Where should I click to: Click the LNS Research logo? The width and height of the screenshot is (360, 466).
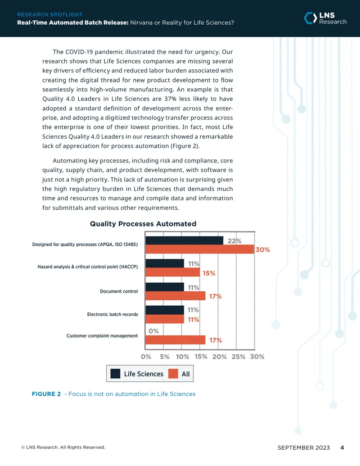point(325,18)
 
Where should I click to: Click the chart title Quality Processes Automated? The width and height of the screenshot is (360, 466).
point(143,224)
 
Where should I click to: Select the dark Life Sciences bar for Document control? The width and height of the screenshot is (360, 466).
point(165,287)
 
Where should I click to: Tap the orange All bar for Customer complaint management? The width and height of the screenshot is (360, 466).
point(175,339)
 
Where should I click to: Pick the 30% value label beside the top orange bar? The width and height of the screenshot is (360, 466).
point(262,249)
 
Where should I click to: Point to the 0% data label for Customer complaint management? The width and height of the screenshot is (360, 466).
point(153,331)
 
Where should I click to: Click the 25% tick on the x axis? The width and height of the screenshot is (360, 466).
point(238,357)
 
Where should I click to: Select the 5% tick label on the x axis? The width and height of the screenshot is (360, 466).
point(165,357)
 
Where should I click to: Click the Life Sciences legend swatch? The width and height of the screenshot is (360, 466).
point(115,374)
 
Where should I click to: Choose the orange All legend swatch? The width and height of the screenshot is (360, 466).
point(173,374)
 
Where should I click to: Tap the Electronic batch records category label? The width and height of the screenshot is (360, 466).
point(112,314)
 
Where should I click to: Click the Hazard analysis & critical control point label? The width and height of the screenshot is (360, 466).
point(88,267)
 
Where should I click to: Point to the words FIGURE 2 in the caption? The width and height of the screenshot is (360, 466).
point(46,394)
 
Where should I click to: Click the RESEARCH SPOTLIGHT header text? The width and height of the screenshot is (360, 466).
point(50,14)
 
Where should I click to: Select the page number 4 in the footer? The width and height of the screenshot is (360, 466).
point(342,448)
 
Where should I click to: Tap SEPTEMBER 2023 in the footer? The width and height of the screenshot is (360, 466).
point(304,448)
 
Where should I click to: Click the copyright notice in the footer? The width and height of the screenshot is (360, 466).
point(63,447)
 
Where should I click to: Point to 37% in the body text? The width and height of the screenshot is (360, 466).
point(170,99)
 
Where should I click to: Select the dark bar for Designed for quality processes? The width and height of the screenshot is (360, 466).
point(184,240)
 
